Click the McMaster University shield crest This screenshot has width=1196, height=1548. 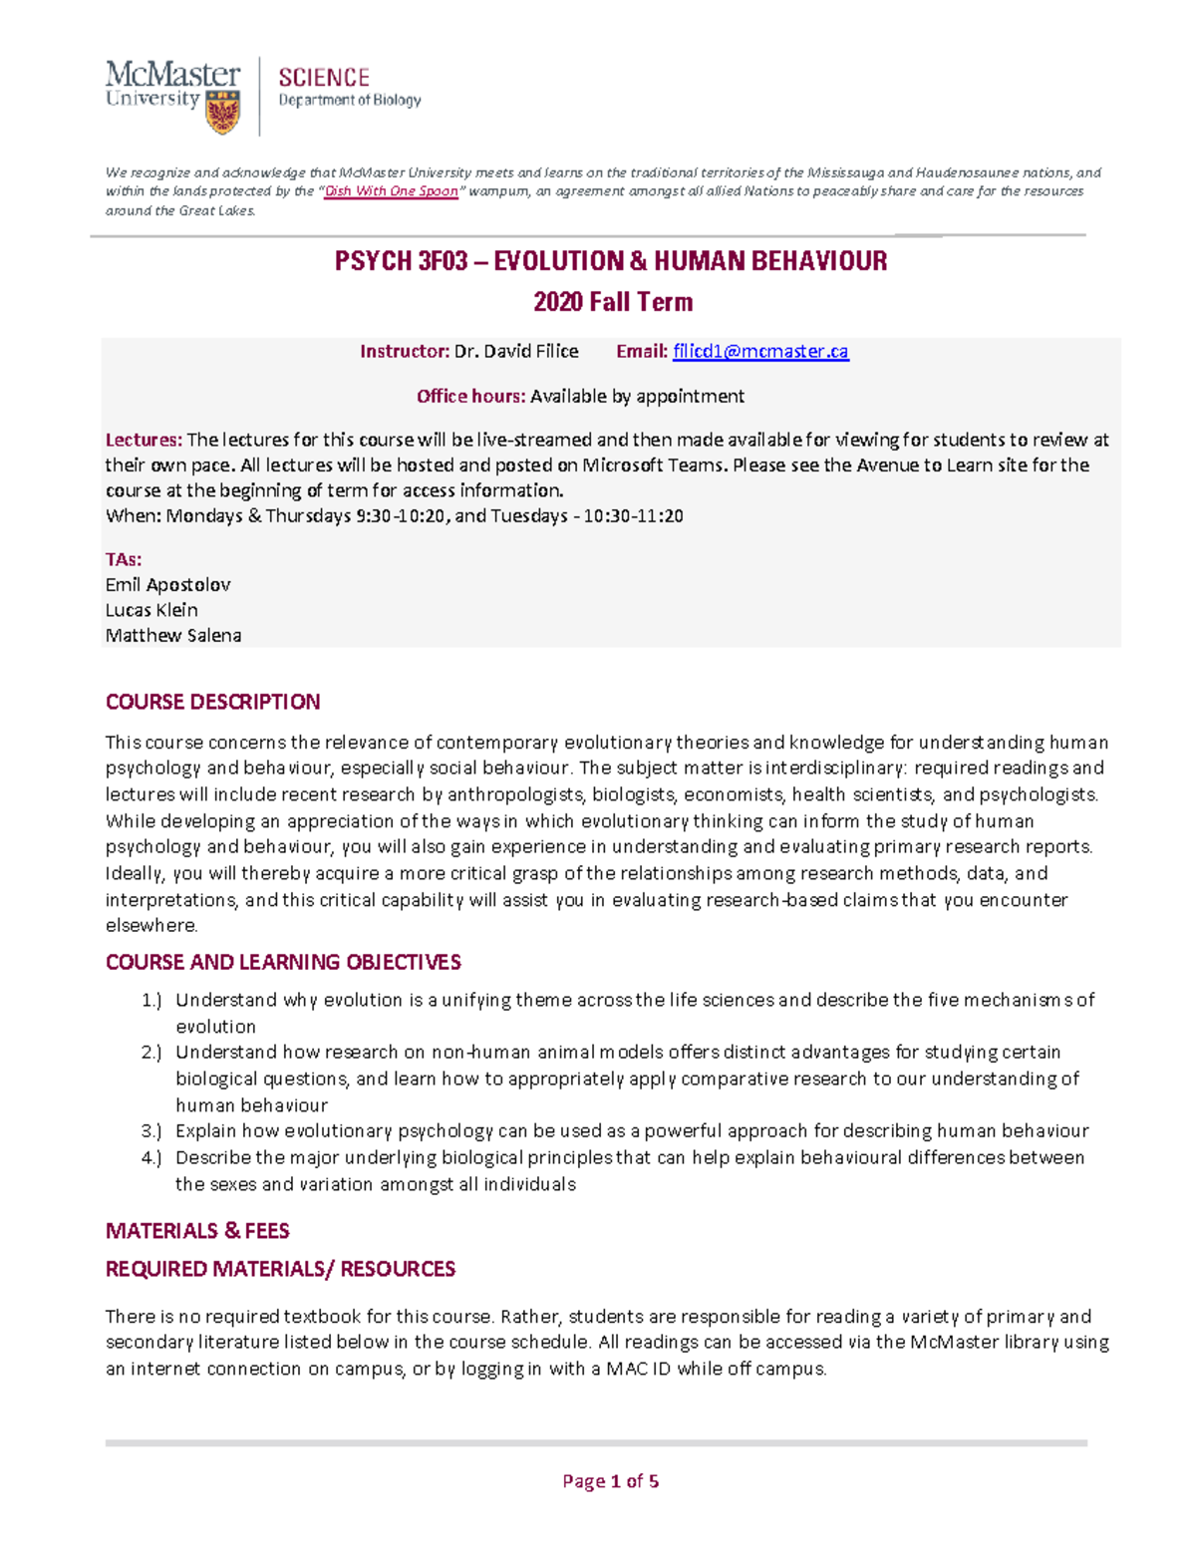(222, 112)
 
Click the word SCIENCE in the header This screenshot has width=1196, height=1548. (324, 78)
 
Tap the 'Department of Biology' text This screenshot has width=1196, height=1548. (349, 101)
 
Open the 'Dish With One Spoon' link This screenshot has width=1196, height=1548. (392, 191)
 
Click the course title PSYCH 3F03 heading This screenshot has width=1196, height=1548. (610, 261)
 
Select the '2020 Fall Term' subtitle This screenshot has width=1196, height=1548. (612, 302)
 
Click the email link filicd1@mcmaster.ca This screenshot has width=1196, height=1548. (760, 351)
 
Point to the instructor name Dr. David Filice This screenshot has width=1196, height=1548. (515, 351)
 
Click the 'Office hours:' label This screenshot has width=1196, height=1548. (470, 397)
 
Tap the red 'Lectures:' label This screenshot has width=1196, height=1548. (144, 440)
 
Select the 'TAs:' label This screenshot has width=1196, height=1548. (124, 559)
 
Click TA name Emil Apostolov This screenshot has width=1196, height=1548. (167, 585)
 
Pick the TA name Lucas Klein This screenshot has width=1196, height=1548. (151, 610)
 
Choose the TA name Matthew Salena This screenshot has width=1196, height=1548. (173, 636)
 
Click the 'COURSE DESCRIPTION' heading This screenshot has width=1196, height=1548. (212, 702)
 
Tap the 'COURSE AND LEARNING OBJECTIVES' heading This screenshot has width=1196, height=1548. (283, 962)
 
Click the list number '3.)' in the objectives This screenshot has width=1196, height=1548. (150, 1131)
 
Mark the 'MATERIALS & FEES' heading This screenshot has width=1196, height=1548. (197, 1231)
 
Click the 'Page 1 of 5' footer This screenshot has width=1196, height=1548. (610, 1481)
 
